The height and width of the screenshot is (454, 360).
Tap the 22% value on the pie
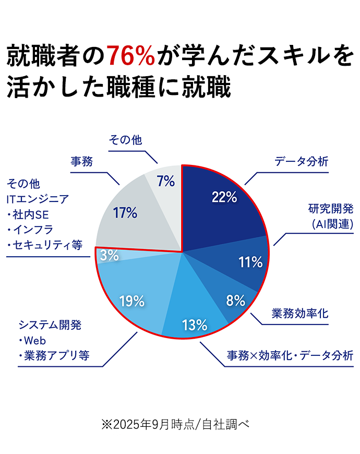(224, 197)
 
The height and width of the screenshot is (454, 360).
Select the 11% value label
(250, 262)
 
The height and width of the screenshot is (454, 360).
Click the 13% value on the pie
(195, 325)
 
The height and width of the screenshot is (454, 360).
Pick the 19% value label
(131, 301)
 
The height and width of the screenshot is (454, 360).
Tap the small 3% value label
(109, 255)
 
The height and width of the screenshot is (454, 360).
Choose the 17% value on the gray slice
(125, 212)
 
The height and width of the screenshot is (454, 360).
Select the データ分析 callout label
(302, 161)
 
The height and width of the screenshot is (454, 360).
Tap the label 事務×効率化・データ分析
(290, 356)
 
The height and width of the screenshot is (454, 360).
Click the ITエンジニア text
(38, 199)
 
